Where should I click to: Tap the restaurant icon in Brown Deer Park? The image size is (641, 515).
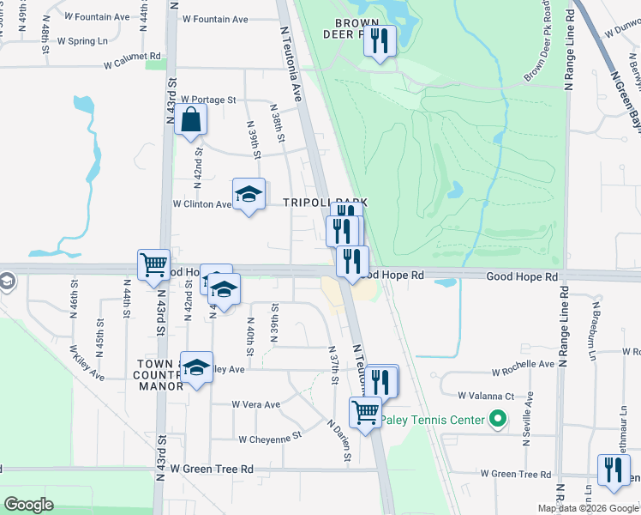380,40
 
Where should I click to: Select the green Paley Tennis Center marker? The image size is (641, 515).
496,420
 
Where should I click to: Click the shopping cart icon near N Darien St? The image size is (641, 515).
366,412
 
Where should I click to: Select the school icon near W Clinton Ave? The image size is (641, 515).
249,194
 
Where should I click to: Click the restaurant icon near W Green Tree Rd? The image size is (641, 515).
614,470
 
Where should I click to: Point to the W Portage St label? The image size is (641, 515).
207,100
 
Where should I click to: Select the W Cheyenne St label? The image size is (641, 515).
271,437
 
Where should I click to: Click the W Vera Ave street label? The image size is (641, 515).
255,404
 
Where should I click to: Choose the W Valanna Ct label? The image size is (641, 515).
485,396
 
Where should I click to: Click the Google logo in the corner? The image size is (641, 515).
29,504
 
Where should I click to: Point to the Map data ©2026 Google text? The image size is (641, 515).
587,508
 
